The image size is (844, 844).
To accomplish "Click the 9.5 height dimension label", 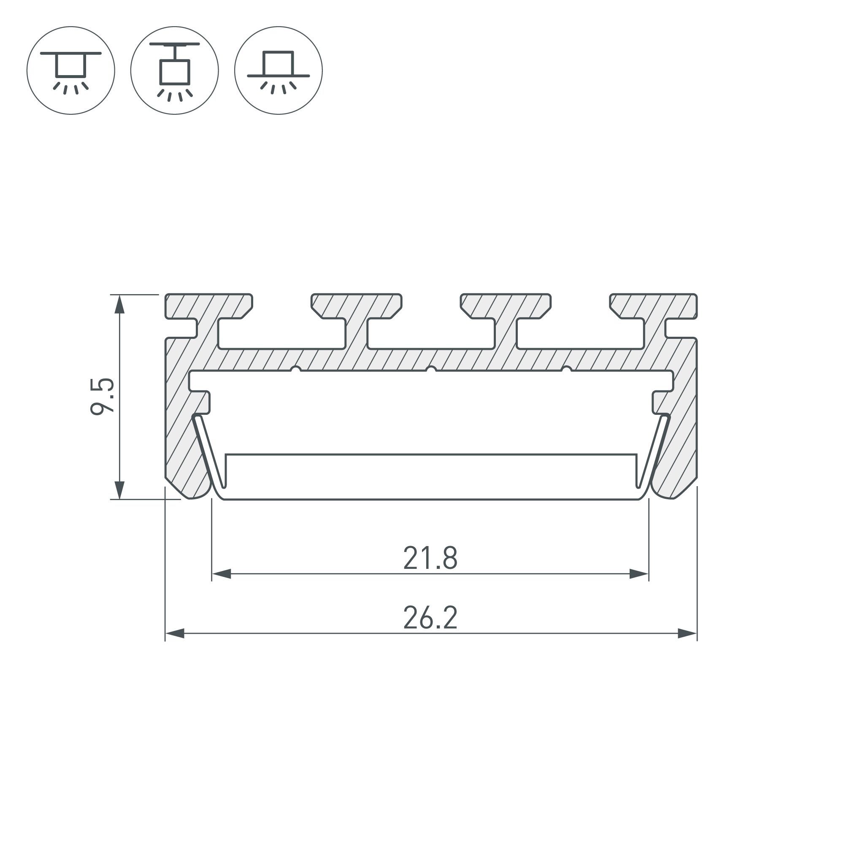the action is pyautogui.click(x=102, y=396).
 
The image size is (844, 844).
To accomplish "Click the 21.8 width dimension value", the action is pyautogui.click(x=430, y=558).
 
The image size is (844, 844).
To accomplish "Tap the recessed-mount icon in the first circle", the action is pyautogui.click(x=71, y=71).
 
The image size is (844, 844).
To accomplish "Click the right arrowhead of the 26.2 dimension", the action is pyautogui.click(x=687, y=633).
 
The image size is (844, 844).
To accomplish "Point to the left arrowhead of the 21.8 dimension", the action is pyautogui.click(x=222, y=574).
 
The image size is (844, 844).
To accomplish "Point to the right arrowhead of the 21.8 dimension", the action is pyautogui.click(x=639, y=574).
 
